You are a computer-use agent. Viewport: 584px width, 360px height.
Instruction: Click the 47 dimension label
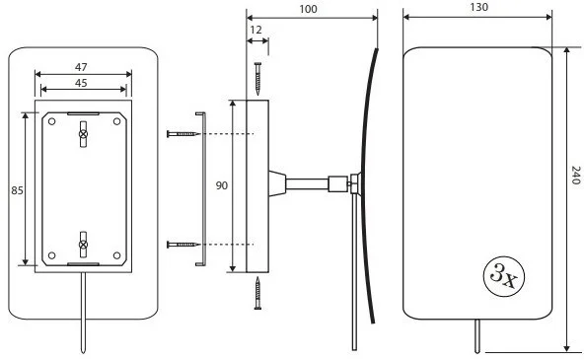[81, 67]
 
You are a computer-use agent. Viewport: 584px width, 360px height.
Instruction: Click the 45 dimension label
[81, 83]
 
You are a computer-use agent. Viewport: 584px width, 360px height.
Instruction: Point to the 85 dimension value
[17, 190]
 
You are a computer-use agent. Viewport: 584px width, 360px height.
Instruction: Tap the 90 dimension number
[222, 185]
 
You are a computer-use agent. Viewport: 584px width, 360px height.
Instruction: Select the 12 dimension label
[255, 30]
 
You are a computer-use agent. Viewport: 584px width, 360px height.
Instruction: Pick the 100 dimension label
[309, 9]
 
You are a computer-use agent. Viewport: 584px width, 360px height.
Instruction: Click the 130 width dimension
[479, 7]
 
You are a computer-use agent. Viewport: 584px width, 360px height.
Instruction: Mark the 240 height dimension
[576, 176]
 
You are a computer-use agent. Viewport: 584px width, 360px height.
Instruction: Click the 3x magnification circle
[503, 276]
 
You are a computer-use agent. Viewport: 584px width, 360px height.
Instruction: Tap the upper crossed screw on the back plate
[83, 134]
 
